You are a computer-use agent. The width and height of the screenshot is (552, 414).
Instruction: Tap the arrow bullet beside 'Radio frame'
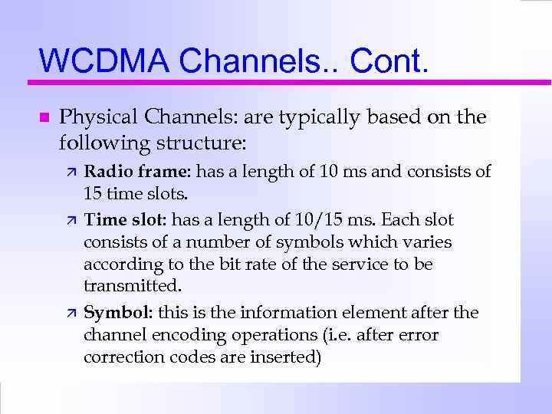67,172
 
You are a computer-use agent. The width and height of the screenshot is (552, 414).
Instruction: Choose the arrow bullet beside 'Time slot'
67,221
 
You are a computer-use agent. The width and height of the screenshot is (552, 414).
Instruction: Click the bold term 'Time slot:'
126,220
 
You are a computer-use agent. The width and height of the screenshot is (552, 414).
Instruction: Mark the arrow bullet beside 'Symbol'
67,314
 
